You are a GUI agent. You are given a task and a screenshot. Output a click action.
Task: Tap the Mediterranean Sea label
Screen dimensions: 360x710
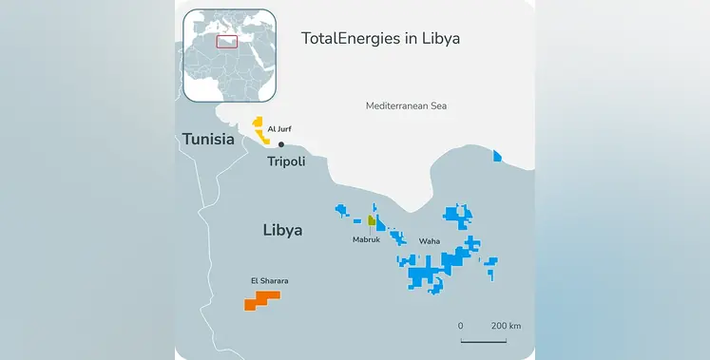pyautogui.click(x=406, y=105)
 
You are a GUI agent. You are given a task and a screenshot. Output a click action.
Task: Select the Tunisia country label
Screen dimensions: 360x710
pyautogui.click(x=208, y=140)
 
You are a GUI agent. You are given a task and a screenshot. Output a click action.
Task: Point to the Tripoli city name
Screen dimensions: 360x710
pyautogui.click(x=286, y=161)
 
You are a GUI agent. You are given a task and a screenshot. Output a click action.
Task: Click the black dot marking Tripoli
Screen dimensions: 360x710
pyautogui.click(x=280, y=144)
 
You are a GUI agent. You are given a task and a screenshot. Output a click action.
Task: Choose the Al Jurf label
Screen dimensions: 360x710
pyautogui.click(x=278, y=127)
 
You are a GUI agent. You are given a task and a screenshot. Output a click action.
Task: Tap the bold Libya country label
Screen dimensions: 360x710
pyautogui.click(x=282, y=230)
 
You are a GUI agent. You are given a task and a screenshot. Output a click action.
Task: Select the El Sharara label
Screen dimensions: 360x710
pyautogui.click(x=269, y=280)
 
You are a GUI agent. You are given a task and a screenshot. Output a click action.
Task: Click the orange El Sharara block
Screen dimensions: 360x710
pyautogui.click(x=261, y=300)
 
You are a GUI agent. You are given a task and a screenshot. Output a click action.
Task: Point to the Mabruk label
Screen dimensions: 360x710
pyautogui.click(x=367, y=240)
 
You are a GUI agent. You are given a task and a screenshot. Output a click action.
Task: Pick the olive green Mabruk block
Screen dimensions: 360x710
pyautogui.click(x=373, y=222)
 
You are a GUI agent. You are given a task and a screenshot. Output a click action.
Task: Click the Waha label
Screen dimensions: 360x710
pyautogui.click(x=430, y=240)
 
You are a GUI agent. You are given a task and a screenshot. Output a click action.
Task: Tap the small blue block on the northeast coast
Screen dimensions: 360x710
pyautogui.click(x=496, y=156)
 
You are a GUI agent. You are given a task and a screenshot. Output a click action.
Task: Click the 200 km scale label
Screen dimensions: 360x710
pyautogui.click(x=507, y=326)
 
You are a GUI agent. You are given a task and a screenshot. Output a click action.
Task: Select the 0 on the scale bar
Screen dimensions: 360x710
pyautogui.click(x=461, y=326)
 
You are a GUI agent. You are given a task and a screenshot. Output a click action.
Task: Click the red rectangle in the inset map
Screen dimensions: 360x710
pyautogui.click(x=226, y=40)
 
